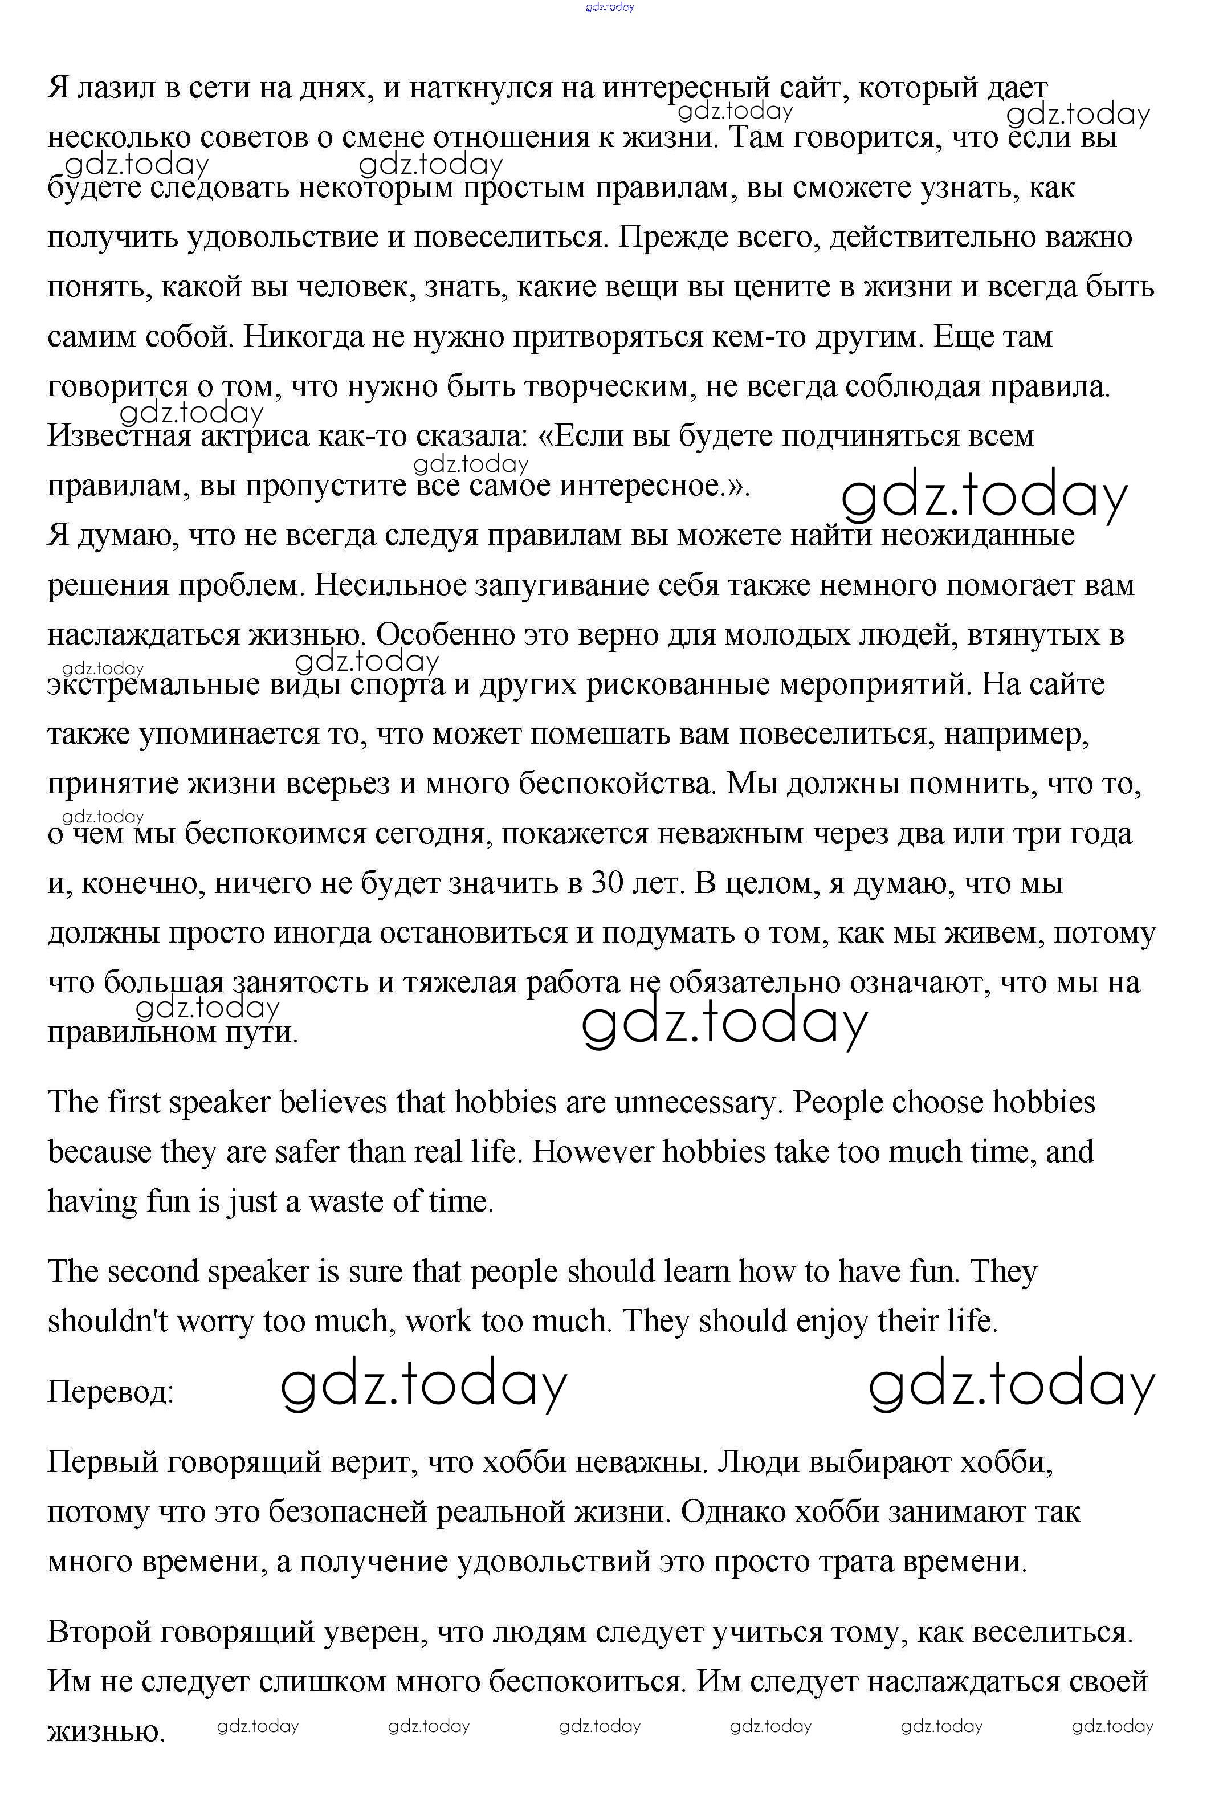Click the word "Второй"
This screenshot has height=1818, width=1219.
coord(97,1632)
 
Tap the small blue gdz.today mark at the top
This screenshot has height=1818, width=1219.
coord(610,7)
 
